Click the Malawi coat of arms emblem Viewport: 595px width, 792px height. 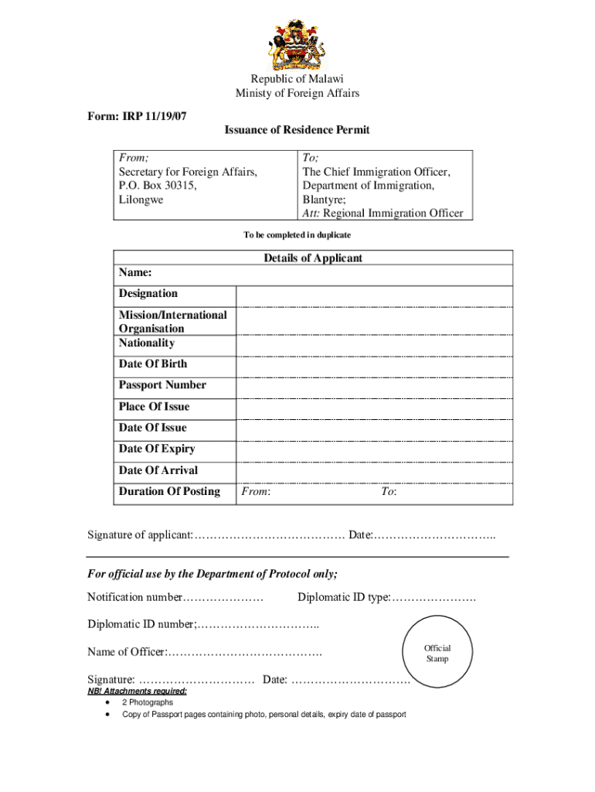(297, 45)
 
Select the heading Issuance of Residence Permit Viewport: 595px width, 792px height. (297, 130)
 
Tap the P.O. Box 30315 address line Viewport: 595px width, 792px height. (158, 186)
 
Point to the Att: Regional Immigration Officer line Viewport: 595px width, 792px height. (382, 213)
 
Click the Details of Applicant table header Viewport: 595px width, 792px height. (312, 258)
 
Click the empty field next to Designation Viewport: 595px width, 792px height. (374, 296)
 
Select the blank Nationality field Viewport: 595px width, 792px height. (374, 344)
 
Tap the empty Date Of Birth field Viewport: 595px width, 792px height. (374, 366)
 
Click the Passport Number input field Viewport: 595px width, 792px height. (374, 387)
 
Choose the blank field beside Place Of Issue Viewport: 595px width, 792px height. (374, 408)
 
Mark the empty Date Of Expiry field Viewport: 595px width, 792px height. (374, 451)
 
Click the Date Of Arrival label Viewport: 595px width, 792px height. (158, 470)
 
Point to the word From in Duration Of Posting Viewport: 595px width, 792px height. (255, 492)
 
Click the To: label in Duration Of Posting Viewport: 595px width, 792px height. (388, 492)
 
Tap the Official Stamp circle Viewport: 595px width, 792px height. (437, 654)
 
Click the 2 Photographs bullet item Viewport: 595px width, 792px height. (148, 702)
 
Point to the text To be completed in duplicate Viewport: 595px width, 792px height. (297, 234)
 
